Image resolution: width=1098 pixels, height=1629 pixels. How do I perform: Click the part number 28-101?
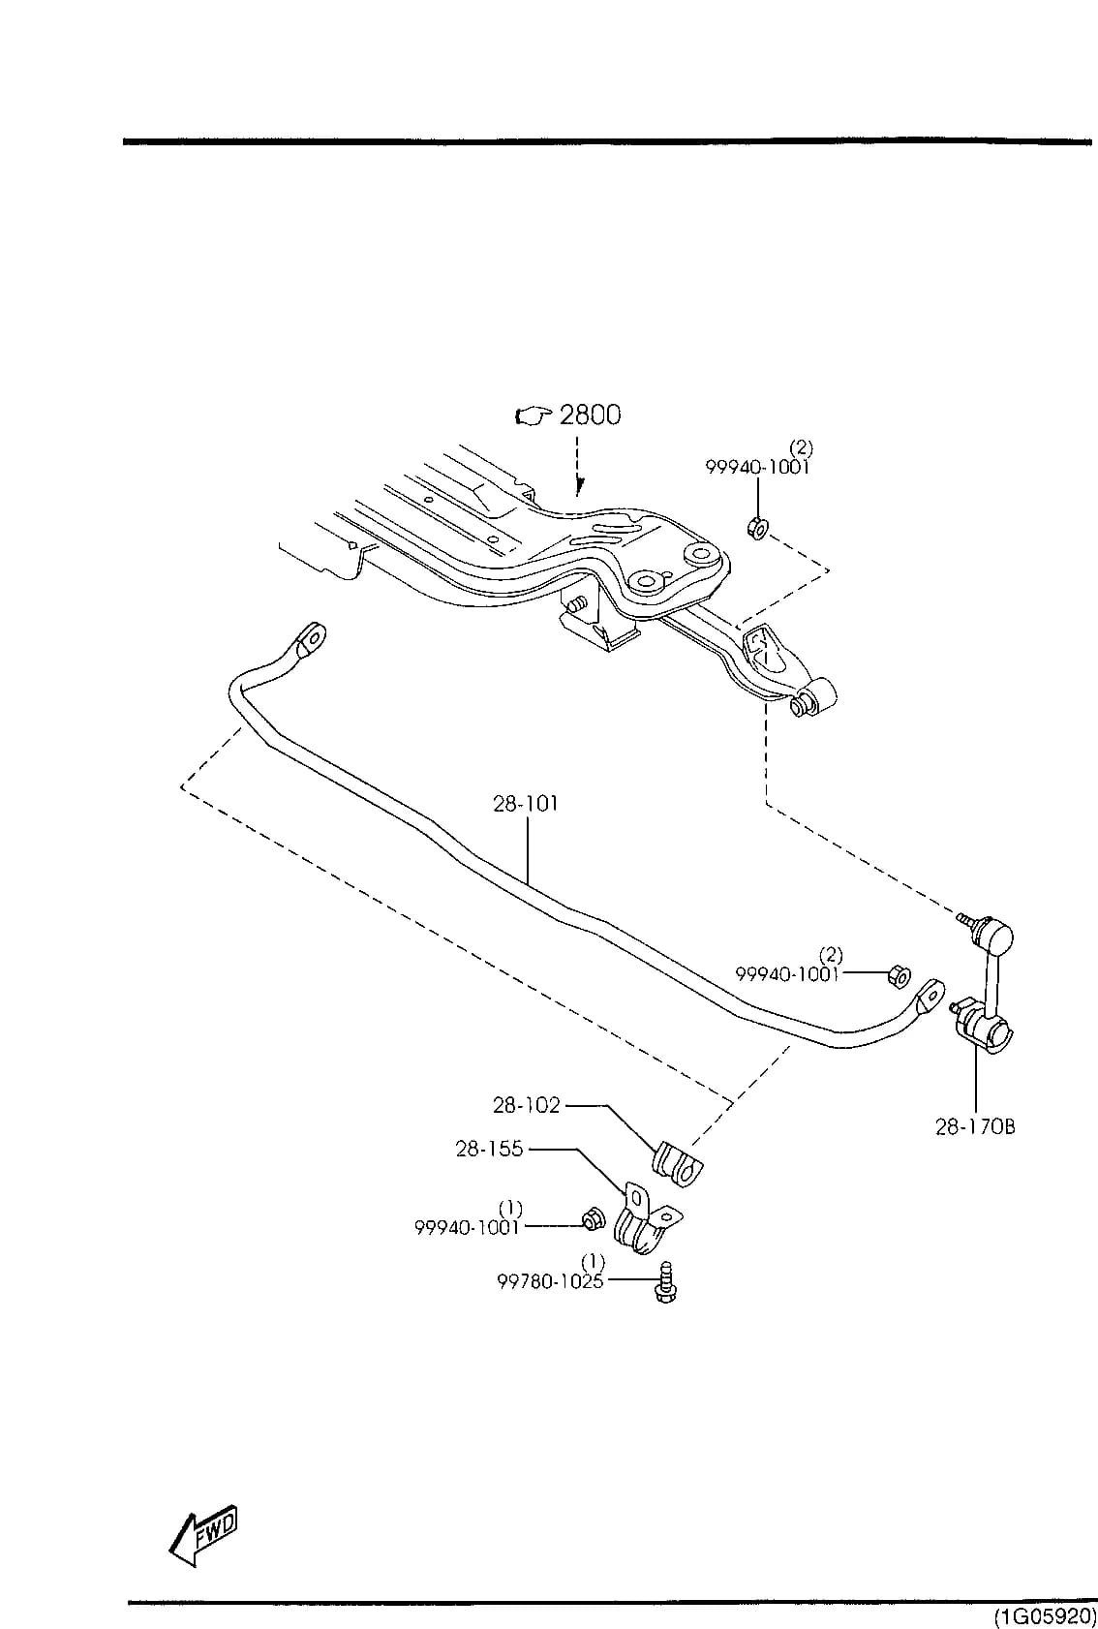(x=526, y=804)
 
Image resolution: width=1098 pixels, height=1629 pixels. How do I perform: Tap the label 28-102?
(x=526, y=1105)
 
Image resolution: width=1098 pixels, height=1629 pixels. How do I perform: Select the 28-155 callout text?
(x=489, y=1149)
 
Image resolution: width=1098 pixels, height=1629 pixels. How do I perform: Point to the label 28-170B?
(x=975, y=1127)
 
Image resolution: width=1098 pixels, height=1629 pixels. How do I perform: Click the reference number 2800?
(x=590, y=415)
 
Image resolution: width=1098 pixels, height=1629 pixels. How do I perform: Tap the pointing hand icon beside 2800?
(x=533, y=416)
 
